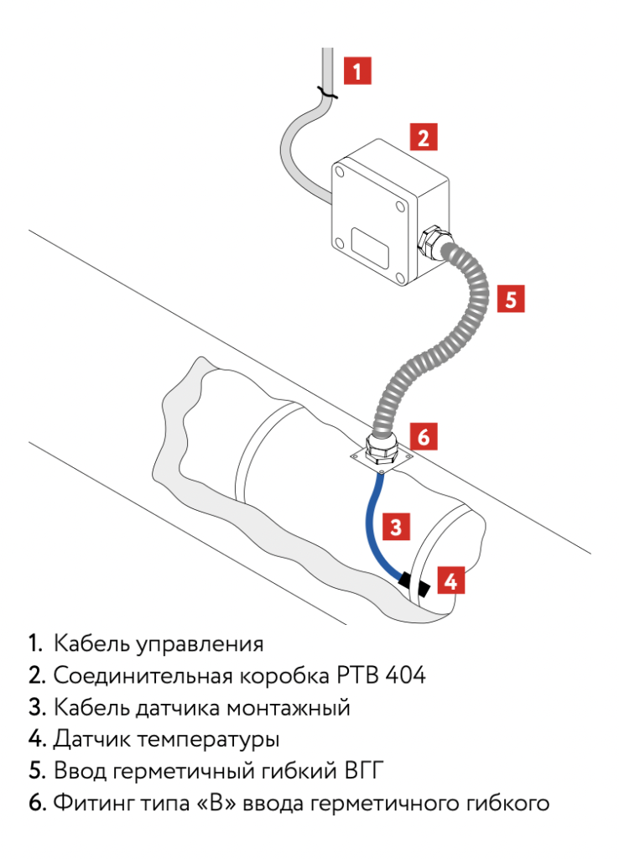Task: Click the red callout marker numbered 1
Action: [357, 70]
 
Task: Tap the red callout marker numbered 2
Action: [424, 137]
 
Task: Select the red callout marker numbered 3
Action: [396, 527]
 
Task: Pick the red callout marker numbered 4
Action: [450, 580]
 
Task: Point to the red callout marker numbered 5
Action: [511, 299]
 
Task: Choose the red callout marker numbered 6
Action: [424, 436]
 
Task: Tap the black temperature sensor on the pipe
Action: [414, 584]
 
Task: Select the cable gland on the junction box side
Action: [433, 241]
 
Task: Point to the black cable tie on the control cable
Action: [324, 94]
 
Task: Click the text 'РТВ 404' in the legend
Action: [378, 675]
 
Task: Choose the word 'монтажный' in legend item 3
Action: [289, 708]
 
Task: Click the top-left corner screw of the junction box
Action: [341, 172]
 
